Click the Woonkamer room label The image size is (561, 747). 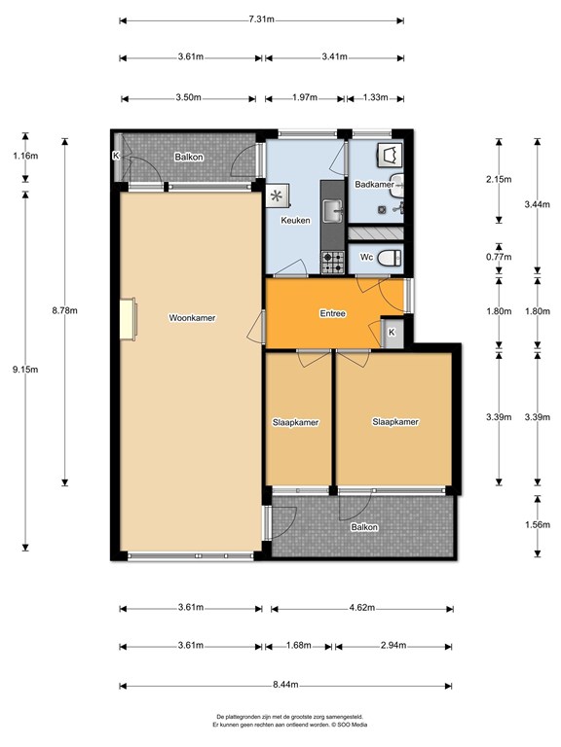coord(192,318)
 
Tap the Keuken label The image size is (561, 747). coord(295,220)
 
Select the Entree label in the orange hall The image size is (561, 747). coord(332,313)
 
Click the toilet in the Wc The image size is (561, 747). coord(390,259)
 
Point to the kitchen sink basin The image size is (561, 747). coord(332,211)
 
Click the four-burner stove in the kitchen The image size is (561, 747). coord(332,262)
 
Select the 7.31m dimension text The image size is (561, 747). coord(261,19)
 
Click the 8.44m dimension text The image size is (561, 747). coord(285,685)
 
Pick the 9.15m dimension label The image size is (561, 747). coord(25,370)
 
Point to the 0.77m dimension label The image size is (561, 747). coord(499,257)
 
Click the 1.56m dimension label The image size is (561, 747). coord(538,524)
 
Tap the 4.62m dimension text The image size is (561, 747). coord(362,608)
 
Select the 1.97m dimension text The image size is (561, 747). coord(305,97)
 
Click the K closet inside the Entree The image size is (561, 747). coord(393,333)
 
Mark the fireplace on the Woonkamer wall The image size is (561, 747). coord(128,319)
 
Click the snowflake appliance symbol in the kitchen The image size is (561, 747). coord(277,196)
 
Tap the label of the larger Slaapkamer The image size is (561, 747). coord(395,421)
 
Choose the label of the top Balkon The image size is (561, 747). coord(189,157)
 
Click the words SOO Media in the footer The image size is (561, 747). coord(353,725)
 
